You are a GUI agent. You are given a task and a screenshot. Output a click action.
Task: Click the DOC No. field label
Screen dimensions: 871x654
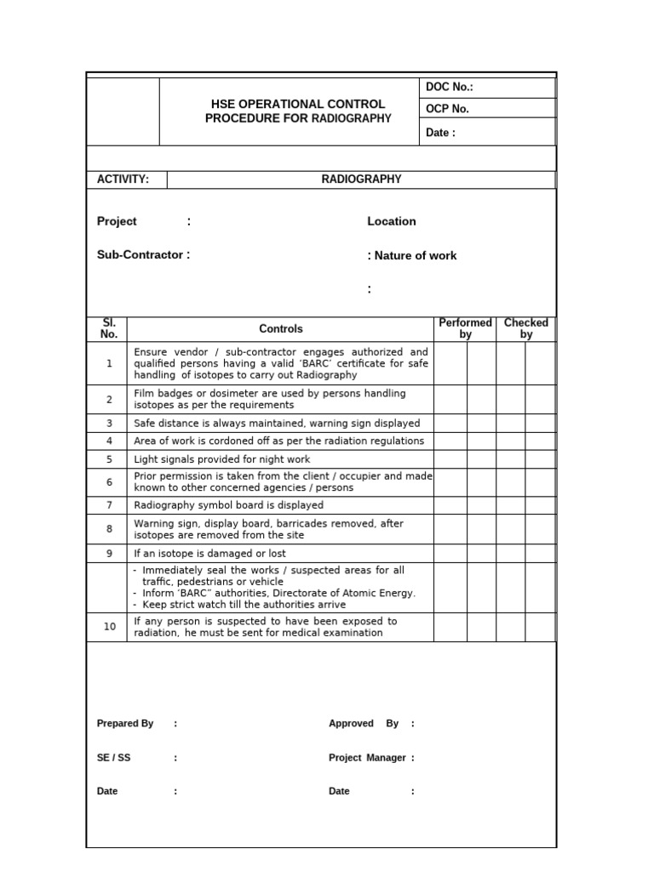coord(449,87)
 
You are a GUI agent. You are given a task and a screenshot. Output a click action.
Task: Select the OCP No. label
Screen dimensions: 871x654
coord(447,109)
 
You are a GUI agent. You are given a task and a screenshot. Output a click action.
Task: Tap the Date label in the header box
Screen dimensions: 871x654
coord(440,133)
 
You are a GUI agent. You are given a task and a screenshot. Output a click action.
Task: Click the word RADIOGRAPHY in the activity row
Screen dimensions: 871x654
coord(361,179)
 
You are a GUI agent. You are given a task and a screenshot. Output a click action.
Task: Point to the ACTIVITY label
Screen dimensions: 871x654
coord(123,179)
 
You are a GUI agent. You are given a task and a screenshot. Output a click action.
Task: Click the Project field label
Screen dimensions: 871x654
coord(117,221)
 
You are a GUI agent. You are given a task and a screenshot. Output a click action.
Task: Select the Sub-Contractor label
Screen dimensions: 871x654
coord(143,254)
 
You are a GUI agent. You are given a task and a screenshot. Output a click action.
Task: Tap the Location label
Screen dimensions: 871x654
coord(392,221)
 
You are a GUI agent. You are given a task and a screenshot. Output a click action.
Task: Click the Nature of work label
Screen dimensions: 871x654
coord(415,255)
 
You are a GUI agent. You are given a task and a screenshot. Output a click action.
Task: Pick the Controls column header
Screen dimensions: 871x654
coord(281,329)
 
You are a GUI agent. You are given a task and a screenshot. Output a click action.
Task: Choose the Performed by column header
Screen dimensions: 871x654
coord(465,329)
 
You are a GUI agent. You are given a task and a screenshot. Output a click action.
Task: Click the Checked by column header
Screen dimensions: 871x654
coord(526,329)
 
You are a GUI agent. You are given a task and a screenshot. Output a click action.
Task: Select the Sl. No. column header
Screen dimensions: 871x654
coord(109,329)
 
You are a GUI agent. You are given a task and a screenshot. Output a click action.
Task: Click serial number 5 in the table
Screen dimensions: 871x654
coord(109,459)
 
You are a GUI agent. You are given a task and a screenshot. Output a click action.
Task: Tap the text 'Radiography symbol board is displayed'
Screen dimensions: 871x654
coord(229,505)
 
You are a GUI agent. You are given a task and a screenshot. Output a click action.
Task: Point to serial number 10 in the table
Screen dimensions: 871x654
coord(110,627)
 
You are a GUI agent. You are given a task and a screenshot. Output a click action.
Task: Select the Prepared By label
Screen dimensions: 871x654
coord(125,724)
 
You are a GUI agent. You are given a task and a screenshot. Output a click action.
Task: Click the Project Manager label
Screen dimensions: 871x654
coord(367,758)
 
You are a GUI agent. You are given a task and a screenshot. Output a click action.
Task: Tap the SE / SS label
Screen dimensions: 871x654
coord(114,758)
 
